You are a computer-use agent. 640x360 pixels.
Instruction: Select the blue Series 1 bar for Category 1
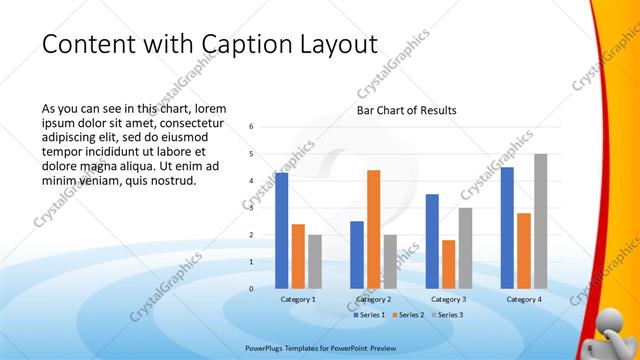click(282, 230)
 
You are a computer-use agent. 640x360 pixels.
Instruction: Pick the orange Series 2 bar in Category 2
click(373, 229)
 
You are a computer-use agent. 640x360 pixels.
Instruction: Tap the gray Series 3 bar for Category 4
click(540, 221)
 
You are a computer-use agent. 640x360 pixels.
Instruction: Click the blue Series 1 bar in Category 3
click(432, 241)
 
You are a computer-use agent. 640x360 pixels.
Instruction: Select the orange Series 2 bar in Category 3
click(448, 264)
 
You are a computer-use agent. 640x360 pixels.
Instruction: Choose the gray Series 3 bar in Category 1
click(315, 261)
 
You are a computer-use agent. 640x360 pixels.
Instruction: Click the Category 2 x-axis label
click(373, 299)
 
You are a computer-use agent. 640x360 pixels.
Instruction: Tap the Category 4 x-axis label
click(524, 299)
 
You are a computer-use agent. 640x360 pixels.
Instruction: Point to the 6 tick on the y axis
click(252, 127)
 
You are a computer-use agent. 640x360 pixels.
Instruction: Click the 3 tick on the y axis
click(252, 208)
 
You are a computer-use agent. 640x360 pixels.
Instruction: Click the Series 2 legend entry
click(409, 315)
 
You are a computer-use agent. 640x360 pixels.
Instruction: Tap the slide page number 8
click(590, 347)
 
